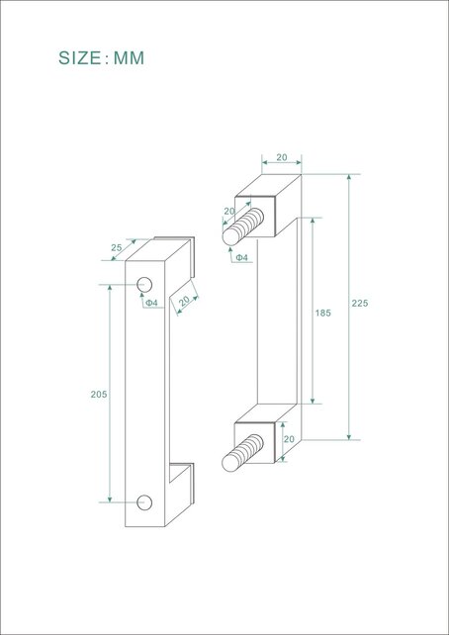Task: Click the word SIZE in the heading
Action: tap(79, 58)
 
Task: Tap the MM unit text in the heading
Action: tap(129, 58)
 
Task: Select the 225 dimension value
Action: tap(359, 304)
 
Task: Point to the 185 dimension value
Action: tap(322, 313)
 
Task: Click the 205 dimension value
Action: tap(99, 395)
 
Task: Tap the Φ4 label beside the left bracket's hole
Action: tap(151, 303)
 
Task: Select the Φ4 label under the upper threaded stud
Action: tap(241, 258)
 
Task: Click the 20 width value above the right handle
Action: tap(282, 157)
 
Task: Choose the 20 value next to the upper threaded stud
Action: tap(229, 211)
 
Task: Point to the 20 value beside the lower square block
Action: tap(289, 438)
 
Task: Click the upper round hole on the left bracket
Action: tap(144, 286)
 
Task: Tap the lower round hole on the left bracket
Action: tap(144, 501)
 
